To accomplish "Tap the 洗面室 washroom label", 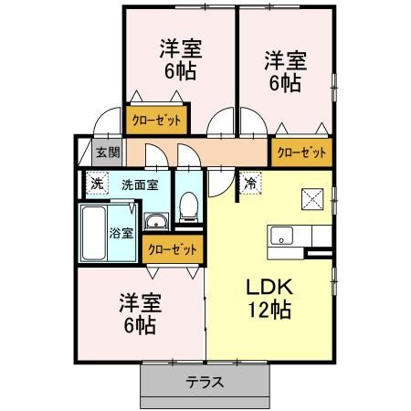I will point(139,184).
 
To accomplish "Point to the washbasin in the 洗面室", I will point(156,220).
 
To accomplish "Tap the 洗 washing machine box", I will point(97,183).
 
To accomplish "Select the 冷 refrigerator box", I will point(249,183).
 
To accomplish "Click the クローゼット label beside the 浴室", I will point(170,248).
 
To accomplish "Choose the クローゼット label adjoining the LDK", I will point(300,153).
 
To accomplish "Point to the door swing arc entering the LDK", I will point(219,183).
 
